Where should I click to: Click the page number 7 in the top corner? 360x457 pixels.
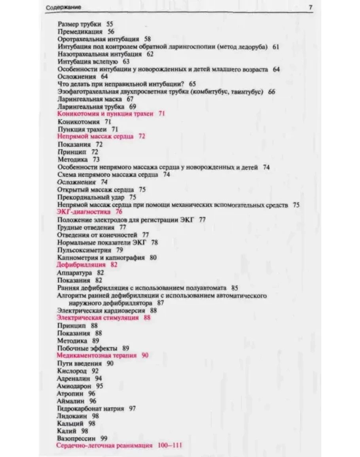311,7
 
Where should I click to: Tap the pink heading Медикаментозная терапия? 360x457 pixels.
97,355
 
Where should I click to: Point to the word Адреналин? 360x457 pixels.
74,378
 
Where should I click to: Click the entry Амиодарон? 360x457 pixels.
74,386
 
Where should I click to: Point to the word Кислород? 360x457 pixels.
72,371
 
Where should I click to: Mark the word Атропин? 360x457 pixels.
70,393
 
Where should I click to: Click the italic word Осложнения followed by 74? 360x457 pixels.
76,182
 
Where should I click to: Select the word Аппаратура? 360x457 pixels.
74,273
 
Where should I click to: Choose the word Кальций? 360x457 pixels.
70,423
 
